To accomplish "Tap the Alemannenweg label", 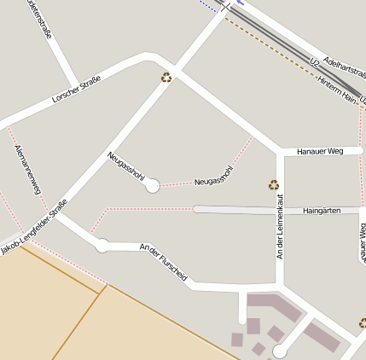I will pos(27,169).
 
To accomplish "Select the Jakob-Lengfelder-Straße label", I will pos(34,226).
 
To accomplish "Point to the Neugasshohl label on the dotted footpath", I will pos(213,176).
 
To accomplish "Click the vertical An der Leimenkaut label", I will pos(279,226).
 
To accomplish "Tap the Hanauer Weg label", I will pos(319,152).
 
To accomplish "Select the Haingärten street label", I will pos(322,210).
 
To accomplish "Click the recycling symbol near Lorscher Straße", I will pos(166,78).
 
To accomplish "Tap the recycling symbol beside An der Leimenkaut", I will pos(274,184).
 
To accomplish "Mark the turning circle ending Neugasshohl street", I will pos(153,185).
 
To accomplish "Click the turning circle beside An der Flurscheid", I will pos(102,246).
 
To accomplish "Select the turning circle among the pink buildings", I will pos(279,351).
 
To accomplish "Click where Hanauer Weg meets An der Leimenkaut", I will pos(280,152).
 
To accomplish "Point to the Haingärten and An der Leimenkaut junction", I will pos(280,209).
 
